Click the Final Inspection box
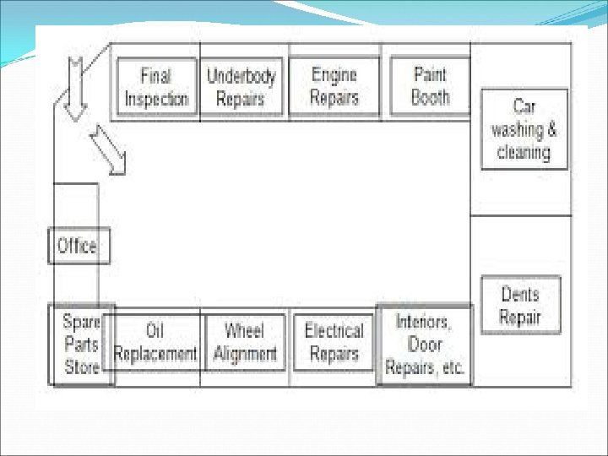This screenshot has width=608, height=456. (x=156, y=87)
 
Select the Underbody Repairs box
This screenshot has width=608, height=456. (x=242, y=87)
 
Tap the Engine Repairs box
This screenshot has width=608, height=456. (x=334, y=87)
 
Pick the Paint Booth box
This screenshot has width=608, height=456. (x=430, y=86)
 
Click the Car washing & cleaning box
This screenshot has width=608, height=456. (x=524, y=129)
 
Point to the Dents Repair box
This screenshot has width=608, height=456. (x=520, y=305)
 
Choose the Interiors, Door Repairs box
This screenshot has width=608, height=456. (x=424, y=345)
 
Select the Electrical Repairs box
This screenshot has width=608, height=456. (x=334, y=342)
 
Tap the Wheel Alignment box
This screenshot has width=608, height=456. (x=245, y=342)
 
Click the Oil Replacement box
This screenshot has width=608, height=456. (x=155, y=342)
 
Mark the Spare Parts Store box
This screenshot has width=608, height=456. (x=82, y=345)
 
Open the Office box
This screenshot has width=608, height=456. (x=78, y=246)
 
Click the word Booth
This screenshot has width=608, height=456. (x=430, y=97)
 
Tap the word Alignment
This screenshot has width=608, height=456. (x=245, y=354)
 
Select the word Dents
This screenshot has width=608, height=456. (x=520, y=294)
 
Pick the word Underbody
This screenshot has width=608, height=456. (x=242, y=76)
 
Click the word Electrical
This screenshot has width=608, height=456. (x=334, y=331)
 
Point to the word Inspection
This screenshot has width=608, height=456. (x=156, y=98)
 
